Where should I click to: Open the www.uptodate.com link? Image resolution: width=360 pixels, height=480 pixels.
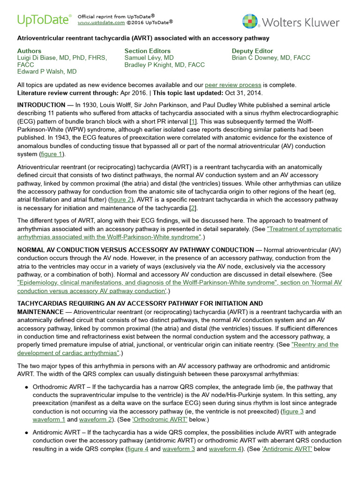click(101, 22)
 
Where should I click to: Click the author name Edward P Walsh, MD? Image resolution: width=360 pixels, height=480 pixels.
click(47, 72)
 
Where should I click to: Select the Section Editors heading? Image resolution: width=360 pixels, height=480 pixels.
click(147, 51)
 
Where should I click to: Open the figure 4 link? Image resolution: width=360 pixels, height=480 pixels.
click(137, 449)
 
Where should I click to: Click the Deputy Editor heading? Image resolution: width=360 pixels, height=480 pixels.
click(254, 51)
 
